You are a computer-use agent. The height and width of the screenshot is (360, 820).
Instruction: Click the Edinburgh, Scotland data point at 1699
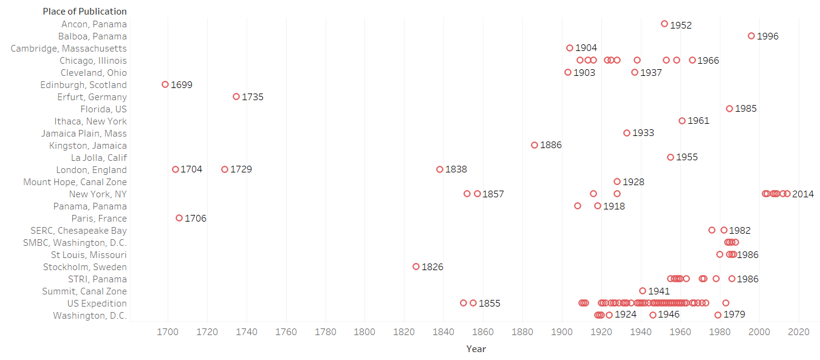tap(165, 84)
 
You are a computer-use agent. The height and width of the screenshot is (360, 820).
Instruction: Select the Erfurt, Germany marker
tap(236, 97)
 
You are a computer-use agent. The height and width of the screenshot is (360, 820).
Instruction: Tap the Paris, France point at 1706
tap(179, 218)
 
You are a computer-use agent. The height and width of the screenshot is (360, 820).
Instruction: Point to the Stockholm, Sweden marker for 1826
tap(416, 267)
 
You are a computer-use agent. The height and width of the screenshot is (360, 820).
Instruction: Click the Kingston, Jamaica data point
tap(535, 145)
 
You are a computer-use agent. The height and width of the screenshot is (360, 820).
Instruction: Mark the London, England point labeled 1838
tap(440, 169)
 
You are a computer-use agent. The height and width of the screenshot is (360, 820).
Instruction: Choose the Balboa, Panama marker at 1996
tap(751, 36)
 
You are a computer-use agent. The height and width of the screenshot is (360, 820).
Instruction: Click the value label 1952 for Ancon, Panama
tap(681, 25)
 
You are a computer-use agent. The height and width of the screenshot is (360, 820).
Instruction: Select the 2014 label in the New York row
tap(802, 194)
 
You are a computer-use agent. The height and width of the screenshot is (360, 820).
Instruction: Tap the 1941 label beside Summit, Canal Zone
tap(658, 291)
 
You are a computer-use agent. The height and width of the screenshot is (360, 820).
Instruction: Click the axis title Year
tap(476, 348)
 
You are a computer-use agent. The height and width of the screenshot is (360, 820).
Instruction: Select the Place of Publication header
tap(84, 12)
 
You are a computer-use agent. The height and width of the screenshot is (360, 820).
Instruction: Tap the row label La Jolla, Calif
tap(98, 157)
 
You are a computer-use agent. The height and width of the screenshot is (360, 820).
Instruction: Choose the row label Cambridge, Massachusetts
tap(69, 48)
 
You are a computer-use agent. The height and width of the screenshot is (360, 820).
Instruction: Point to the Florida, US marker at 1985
tap(729, 109)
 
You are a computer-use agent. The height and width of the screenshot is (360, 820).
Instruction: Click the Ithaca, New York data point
tap(682, 121)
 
